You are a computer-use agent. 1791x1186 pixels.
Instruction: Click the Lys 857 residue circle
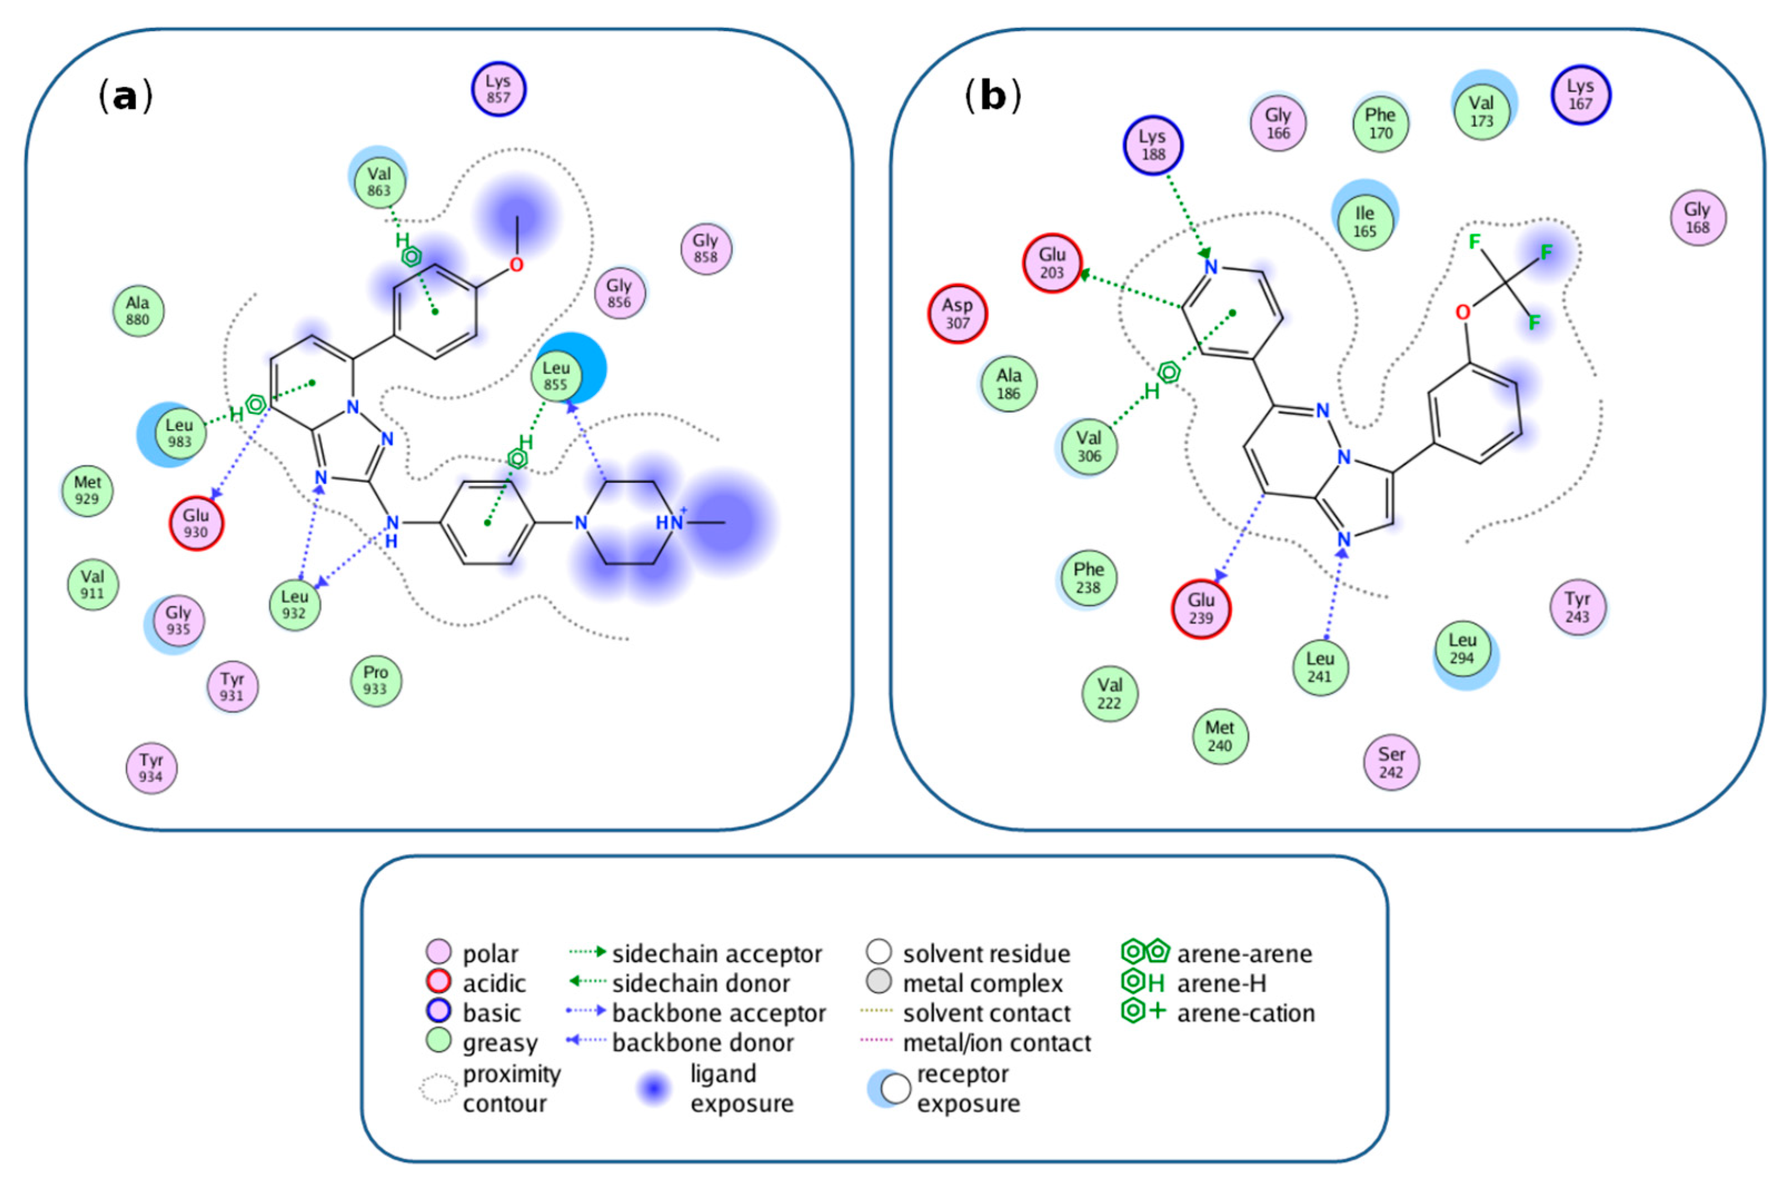click(x=498, y=89)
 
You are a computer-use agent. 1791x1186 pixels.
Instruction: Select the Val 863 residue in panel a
click(x=379, y=182)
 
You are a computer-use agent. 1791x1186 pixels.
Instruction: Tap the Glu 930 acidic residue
click(x=196, y=523)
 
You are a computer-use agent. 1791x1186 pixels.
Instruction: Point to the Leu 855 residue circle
click(x=556, y=377)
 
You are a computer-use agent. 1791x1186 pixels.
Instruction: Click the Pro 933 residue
click(x=375, y=680)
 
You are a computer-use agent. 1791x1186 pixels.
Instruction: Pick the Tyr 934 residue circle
click(x=151, y=768)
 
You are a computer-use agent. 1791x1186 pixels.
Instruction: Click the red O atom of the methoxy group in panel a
click(x=516, y=266)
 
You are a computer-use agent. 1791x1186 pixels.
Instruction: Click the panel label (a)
click(x=126, y=97)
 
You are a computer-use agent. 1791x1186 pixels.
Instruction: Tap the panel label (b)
click(x=992, y=97)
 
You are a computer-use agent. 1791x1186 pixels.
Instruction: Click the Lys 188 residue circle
click(x=1152, y=145)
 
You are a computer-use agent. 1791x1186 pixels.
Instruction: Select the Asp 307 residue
click(x=957, y=314)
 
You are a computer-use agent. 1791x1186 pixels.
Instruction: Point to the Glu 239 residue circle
click(x=1201, y=609)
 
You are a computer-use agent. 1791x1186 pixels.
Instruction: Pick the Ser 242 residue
click(x=1391, y=762)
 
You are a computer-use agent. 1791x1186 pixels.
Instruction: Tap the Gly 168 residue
click(x=1698, y=218)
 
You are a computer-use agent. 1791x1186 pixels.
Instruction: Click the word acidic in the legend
click(x=494, y=984)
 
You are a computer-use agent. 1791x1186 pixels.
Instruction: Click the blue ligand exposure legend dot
click(x=654, y=1089)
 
